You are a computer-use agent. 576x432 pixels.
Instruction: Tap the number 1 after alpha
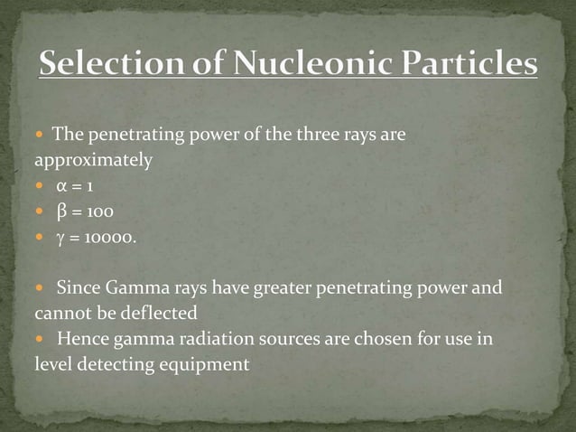tap(91, 187)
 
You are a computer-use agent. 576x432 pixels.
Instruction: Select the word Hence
tap(79, 341)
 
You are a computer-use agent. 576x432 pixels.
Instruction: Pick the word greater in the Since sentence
tap(290, 289)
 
